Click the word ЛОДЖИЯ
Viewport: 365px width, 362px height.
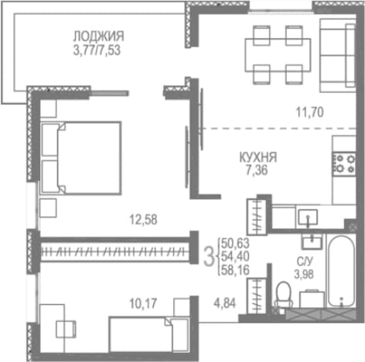point(98,36)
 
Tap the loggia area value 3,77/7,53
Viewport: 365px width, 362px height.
point(97,50)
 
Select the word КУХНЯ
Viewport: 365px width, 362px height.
point(258,158)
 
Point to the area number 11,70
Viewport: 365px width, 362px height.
point(309,112)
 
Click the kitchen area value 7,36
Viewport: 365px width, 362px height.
point(257,170)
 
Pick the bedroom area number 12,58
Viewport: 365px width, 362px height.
point(143,220)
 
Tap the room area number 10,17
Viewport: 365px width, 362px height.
point(143,303)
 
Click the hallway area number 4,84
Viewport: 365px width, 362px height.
point(224,303)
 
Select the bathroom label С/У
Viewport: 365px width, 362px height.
point(305,262)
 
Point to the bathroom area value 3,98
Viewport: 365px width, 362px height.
point(304,275)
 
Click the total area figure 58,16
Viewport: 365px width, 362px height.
point(235,270)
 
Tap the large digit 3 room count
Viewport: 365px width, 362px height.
point(209,257)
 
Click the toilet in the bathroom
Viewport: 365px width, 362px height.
point(284,295)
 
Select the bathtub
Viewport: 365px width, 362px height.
point(341,271)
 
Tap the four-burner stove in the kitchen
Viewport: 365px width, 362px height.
point(344,164)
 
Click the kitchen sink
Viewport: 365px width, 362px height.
point(308,217)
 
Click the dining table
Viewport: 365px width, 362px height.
point(278,55)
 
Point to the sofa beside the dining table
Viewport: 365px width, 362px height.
point(337,56)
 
